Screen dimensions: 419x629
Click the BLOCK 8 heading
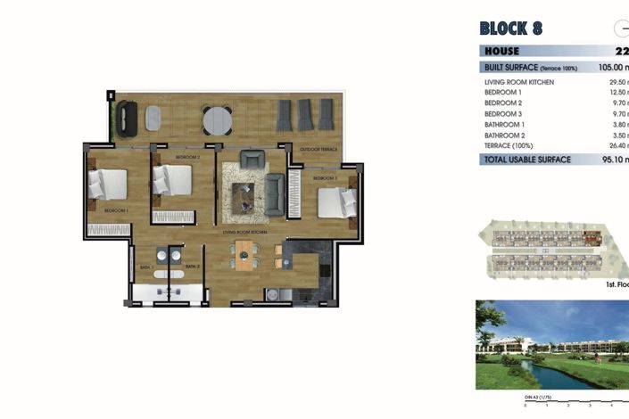click(x=523, y=28)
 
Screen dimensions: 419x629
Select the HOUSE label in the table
click(x=501, y=52)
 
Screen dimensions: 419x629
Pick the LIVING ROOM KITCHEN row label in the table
click(x=518, y=82)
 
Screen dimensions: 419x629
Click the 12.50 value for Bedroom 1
click(x=610, y=92)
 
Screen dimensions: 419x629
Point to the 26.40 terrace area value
click(x=611, y=144)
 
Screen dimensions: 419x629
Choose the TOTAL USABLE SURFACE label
click(x=526, y=160)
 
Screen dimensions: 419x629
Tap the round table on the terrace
click(x=216, y=119)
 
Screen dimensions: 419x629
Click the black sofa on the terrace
click(x=128, y=117)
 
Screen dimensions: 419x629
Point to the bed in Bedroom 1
click(x=106, y=185)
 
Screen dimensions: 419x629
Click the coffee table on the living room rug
click(x=244, y=194)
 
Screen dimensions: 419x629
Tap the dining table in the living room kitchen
click(x=244, y=256)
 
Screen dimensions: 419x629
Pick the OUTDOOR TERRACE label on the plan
click(x=318, y=149)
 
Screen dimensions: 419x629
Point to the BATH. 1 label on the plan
click(x=147, y=267)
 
